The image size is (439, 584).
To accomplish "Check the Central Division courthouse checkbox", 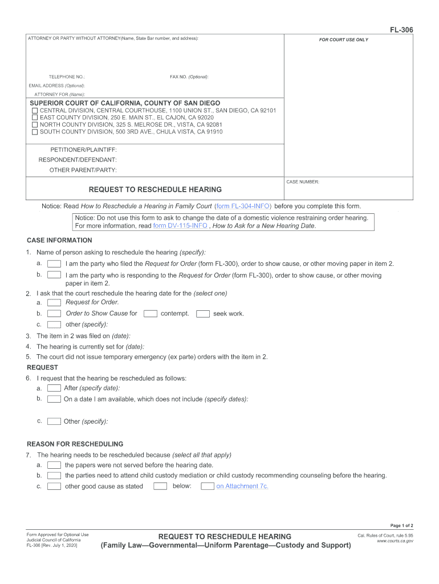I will [x=35, y=110].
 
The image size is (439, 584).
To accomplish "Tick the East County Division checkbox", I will [x=35, y=117].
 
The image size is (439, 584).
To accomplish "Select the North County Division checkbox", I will [x=35, y=124].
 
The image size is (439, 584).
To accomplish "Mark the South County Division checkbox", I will [x=35, y=132].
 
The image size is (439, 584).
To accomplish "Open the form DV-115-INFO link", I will [x=180, y=225].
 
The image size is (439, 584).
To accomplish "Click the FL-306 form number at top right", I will [x=402, y=30].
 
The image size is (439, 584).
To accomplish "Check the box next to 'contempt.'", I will [x=151, y=313].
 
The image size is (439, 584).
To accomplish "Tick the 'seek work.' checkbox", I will [x=203, y=313].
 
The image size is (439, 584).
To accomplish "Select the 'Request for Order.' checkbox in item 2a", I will [x=54, y=302].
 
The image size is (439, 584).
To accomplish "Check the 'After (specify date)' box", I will [x=54, y=388].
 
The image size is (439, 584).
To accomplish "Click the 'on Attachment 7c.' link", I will [x=242, y=486].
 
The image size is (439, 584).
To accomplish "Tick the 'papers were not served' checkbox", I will [x=54, y=465].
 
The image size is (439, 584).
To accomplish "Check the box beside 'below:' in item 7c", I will [x=161, y=486].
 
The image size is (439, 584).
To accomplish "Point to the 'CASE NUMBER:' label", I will [x=303, y=182].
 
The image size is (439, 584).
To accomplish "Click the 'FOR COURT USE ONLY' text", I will [x=344, y=40].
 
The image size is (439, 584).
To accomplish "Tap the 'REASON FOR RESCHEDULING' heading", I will [x=75, y=444].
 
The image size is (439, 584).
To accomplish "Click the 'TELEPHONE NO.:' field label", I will [x=67, y=76].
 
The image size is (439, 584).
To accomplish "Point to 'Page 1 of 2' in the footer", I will [x=401, y=525].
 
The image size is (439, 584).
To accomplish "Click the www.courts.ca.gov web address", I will [x=395, y=541].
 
